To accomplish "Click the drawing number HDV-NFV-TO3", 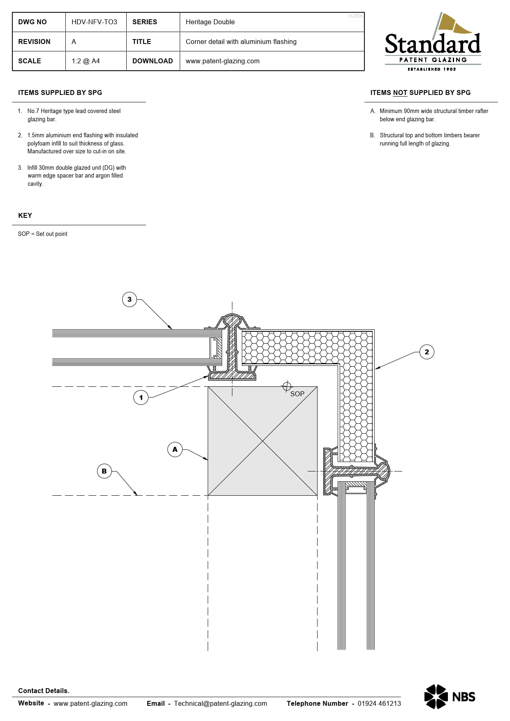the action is pyautogui.click(x=94, y=22).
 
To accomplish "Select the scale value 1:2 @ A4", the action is pyautogui.click(x=86, y=61).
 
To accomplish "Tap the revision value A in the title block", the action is pyautogui.click(x=74, y=42).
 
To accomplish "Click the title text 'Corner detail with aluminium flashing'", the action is pyautogui.click(x=241, y=42).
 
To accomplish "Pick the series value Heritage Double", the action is pyautogui.click(x=210, y=22).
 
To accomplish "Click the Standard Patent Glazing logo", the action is pyautogui.click(x=433, y=42).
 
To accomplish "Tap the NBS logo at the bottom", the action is pyautogui.click(x=450, y=696).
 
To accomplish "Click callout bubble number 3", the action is pyautogui.click(x=130, y=299).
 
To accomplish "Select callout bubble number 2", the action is pyautogui.click(x=427, y=352).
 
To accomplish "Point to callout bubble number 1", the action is pyautogui.click(x=141, y=397).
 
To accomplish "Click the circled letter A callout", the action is pyautogui.click(x=175, y=449).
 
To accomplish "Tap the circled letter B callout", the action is pyautogui.click(x=104, y=471).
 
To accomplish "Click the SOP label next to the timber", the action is pyautogui.click(x=297, y=394).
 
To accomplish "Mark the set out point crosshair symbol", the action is pyautogui.click(x=287, y=386).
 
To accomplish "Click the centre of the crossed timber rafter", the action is pyautogui.click(x=262, y=441).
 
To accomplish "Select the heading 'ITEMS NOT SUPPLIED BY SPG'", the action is pyautogui.click(x=420, y=93).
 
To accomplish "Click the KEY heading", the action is pyautogui.click(x=25, y=215).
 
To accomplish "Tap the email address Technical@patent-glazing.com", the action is pyautogui.click(x=220, y=703).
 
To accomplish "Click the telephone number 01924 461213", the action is pyautogui.click(x=379, y=703).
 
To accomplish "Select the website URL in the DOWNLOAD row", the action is pyautogui.click(x=223, y=61).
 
